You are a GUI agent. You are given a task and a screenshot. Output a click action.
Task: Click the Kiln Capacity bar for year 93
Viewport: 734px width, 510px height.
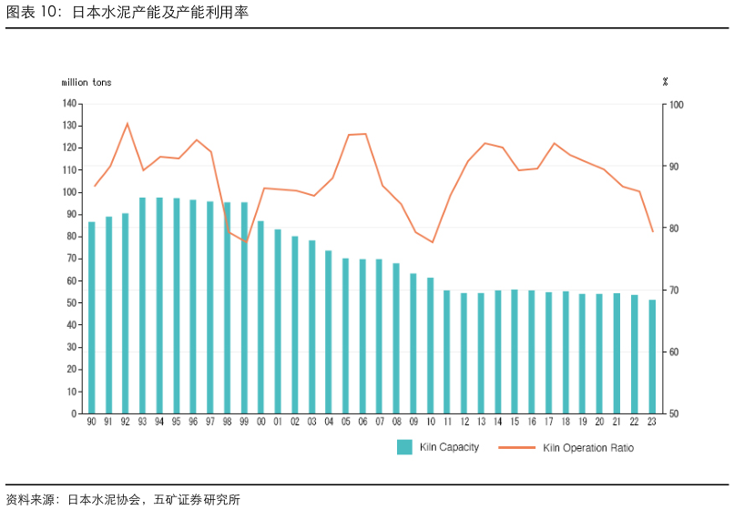point(142,305)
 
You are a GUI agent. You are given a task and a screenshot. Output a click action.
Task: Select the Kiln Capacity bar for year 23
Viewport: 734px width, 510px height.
point(652,356)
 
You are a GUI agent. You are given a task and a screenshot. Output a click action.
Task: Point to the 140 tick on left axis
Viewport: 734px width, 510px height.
point(70,104)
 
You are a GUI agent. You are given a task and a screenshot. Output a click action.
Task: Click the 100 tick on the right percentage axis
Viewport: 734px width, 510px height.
point(675,105)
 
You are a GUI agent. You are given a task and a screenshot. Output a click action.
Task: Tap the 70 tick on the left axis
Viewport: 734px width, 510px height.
point(72,259)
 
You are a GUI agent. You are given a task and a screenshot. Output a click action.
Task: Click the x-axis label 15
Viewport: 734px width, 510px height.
point(515,423)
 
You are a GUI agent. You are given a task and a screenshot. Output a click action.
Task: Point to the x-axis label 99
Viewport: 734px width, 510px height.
point(244,423)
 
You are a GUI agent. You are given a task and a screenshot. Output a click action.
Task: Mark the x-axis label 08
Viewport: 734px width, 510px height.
point(396,423)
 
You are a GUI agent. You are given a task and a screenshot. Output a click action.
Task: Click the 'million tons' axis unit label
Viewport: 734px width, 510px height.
point(87,83)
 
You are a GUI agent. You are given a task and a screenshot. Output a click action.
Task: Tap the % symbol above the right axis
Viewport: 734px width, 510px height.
point(666,82)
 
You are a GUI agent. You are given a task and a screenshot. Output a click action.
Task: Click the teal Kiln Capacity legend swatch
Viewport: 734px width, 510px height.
point(404,447)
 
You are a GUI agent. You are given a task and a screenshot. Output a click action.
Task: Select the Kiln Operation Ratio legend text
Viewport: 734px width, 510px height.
point(588,448)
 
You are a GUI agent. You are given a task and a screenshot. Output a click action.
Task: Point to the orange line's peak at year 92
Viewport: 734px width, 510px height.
point(127,123)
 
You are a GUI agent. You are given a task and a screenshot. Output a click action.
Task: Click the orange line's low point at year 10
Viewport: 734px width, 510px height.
point(432,242)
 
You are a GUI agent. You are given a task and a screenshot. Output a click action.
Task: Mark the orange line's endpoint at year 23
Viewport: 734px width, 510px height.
point(652,232)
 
